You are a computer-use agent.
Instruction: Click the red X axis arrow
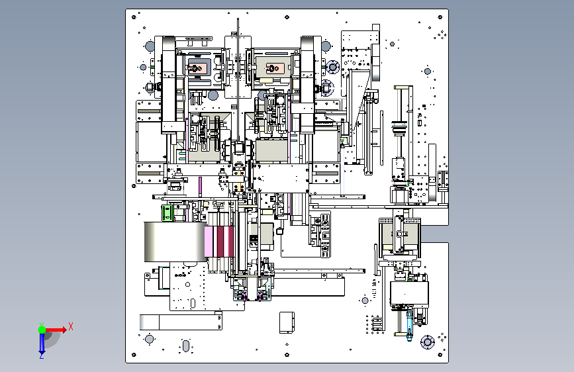click(x=56, y=330)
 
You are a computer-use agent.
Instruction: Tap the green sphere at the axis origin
click(x=42, y=330)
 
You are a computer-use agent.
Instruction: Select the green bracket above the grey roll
click(x=167, y=213)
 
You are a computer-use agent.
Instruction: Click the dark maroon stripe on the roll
click(x=220, y=242)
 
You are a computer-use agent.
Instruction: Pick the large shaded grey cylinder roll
click(x=175, y=242)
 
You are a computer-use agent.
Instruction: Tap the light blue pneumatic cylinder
click(x=409, y=325)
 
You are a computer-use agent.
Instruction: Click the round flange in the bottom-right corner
click(x=427, y=342)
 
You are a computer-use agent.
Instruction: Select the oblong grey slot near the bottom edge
click(x=186, y=346)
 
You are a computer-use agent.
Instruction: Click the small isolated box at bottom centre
click(x=287, y=322)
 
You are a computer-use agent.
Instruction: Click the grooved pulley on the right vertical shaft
click(x=399, y=128)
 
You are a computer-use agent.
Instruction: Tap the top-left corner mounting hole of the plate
click(x=134, y=17)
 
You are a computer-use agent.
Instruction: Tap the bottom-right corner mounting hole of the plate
click(x=440, y=354)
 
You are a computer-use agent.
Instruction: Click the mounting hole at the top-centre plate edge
click(x=287, y=17)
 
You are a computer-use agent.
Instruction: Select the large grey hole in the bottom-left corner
click(x=150, y=339)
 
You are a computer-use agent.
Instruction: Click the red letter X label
click(x=71, y=326)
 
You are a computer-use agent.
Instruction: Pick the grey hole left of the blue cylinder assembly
click(x=365, y=301)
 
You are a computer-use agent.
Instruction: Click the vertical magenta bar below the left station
click(x=200, y=187)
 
